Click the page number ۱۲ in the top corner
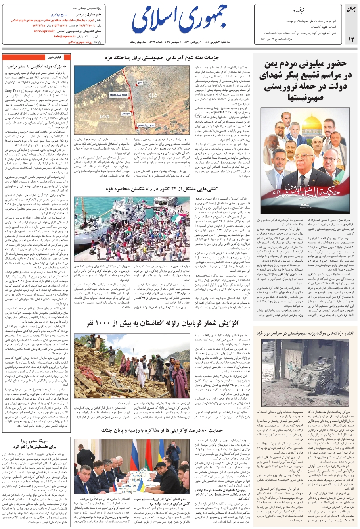click(x=351, y=39)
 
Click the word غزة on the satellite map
click(x=153, y=96)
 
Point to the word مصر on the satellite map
click(x=104, y=116)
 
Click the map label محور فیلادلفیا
click(x=118, y=95)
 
